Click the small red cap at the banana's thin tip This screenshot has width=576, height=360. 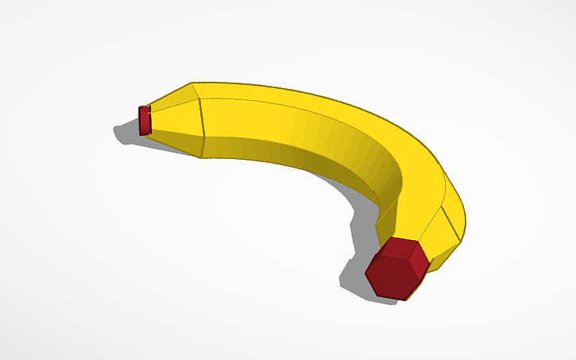click(x=145, y=120)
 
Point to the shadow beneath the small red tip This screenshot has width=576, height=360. click(x=126, y=132)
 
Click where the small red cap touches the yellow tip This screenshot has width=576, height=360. click(x=151, y=120)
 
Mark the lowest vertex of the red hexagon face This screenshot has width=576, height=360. click(x=404, y=300)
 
